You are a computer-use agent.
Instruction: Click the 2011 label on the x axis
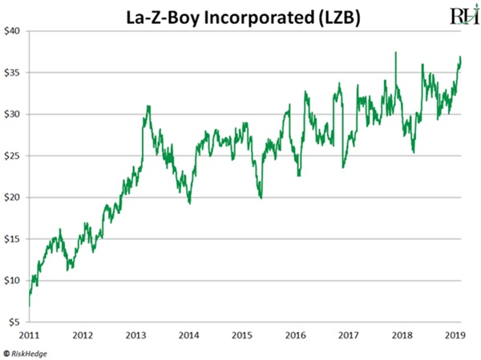point(29,336)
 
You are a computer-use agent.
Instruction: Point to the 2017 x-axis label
point(350,336)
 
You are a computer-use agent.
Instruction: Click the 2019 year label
point(456,336)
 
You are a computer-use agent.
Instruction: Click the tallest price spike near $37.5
point(395,53)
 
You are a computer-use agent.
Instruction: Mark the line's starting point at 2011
point(30,305)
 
